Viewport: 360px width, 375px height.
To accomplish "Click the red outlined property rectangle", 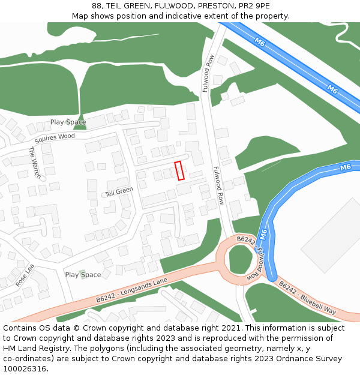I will point(179,170).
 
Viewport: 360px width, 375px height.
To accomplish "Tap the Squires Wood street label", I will point(55,138).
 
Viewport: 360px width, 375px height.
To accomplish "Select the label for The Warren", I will point(35,163).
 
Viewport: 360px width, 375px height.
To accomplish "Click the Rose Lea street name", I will point(25,275).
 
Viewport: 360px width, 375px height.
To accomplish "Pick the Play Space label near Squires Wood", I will point(68,122).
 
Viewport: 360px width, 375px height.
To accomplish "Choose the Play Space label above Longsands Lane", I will point(83,275).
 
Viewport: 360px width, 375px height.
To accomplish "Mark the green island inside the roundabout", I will point(241,259).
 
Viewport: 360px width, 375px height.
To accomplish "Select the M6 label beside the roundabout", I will point(263,234).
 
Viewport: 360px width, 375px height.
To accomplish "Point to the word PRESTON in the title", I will point(215,6).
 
